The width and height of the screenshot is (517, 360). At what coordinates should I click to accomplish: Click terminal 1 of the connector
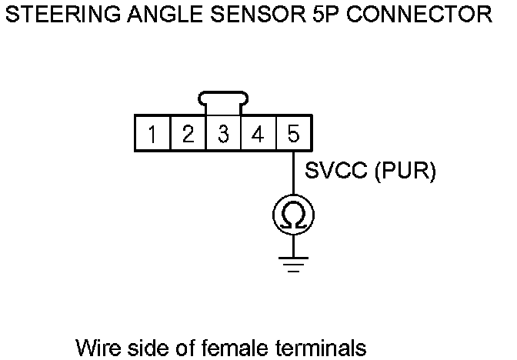coord(152,135)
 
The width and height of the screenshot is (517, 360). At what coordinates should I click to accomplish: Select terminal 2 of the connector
coord(187,135)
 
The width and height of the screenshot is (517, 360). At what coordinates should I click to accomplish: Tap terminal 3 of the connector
coord(223,135)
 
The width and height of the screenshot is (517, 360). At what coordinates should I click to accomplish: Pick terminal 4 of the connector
coord(258,135)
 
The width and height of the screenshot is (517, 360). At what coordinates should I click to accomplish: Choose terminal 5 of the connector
coord(293,135)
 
